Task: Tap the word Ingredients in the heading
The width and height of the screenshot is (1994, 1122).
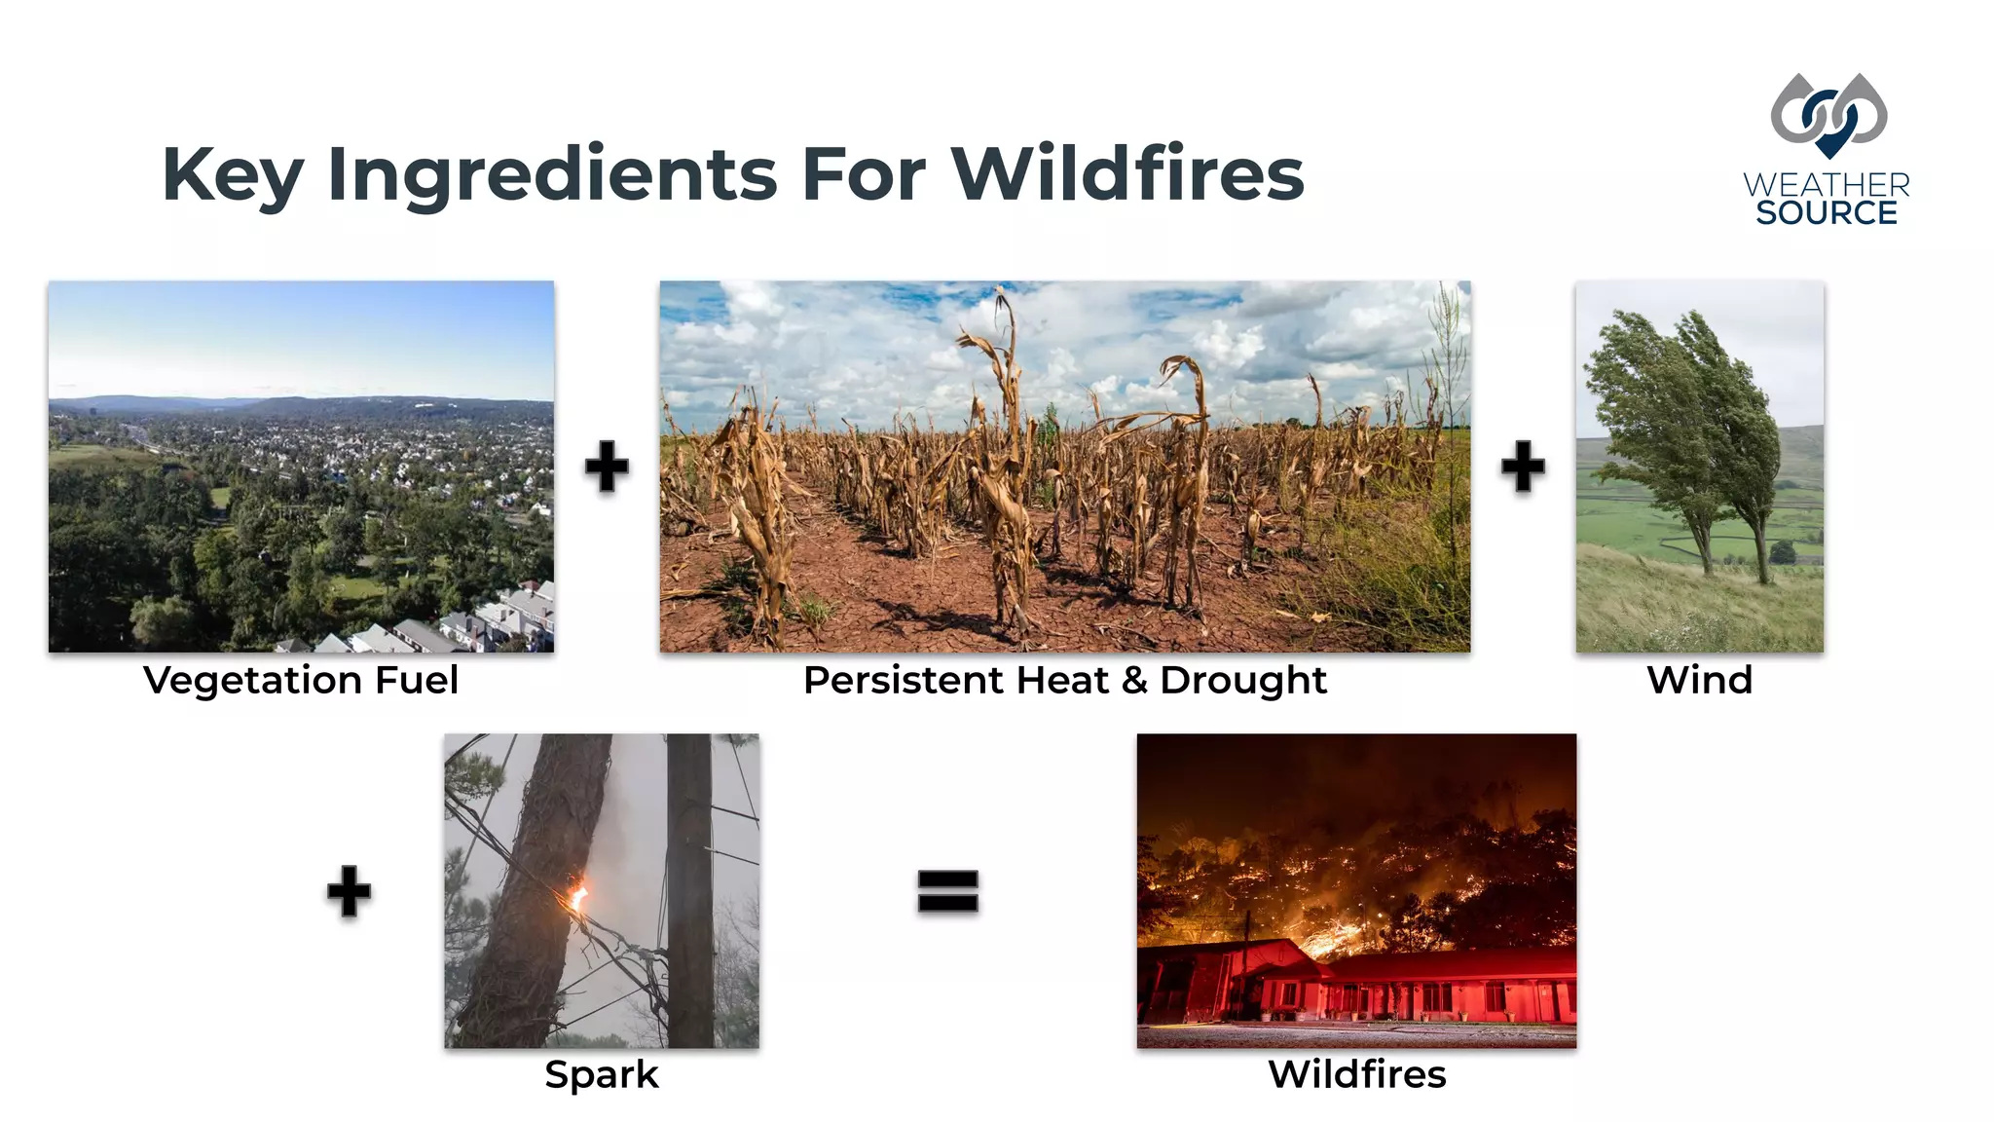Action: [552, 175]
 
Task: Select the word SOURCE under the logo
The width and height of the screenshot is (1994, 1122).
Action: [1827, 212]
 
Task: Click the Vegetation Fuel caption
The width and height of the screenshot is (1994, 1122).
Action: [301, 680]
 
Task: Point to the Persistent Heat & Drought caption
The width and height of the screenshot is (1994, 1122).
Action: [1064, 680]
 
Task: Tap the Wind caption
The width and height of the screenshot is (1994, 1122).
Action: [1699, 680]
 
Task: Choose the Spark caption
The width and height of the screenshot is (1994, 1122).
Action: [602, 1074]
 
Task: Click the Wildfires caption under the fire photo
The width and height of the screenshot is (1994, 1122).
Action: [1356, 1074]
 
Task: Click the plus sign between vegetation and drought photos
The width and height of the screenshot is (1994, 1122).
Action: [607, 466]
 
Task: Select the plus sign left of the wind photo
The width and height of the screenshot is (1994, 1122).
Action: [1523, 466]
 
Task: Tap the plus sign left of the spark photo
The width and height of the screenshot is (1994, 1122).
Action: [349, 890]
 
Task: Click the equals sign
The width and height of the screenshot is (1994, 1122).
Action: [947, 890]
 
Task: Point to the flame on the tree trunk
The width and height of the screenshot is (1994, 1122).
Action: [577, 894]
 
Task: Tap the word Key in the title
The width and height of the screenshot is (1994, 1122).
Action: [233, 175]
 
